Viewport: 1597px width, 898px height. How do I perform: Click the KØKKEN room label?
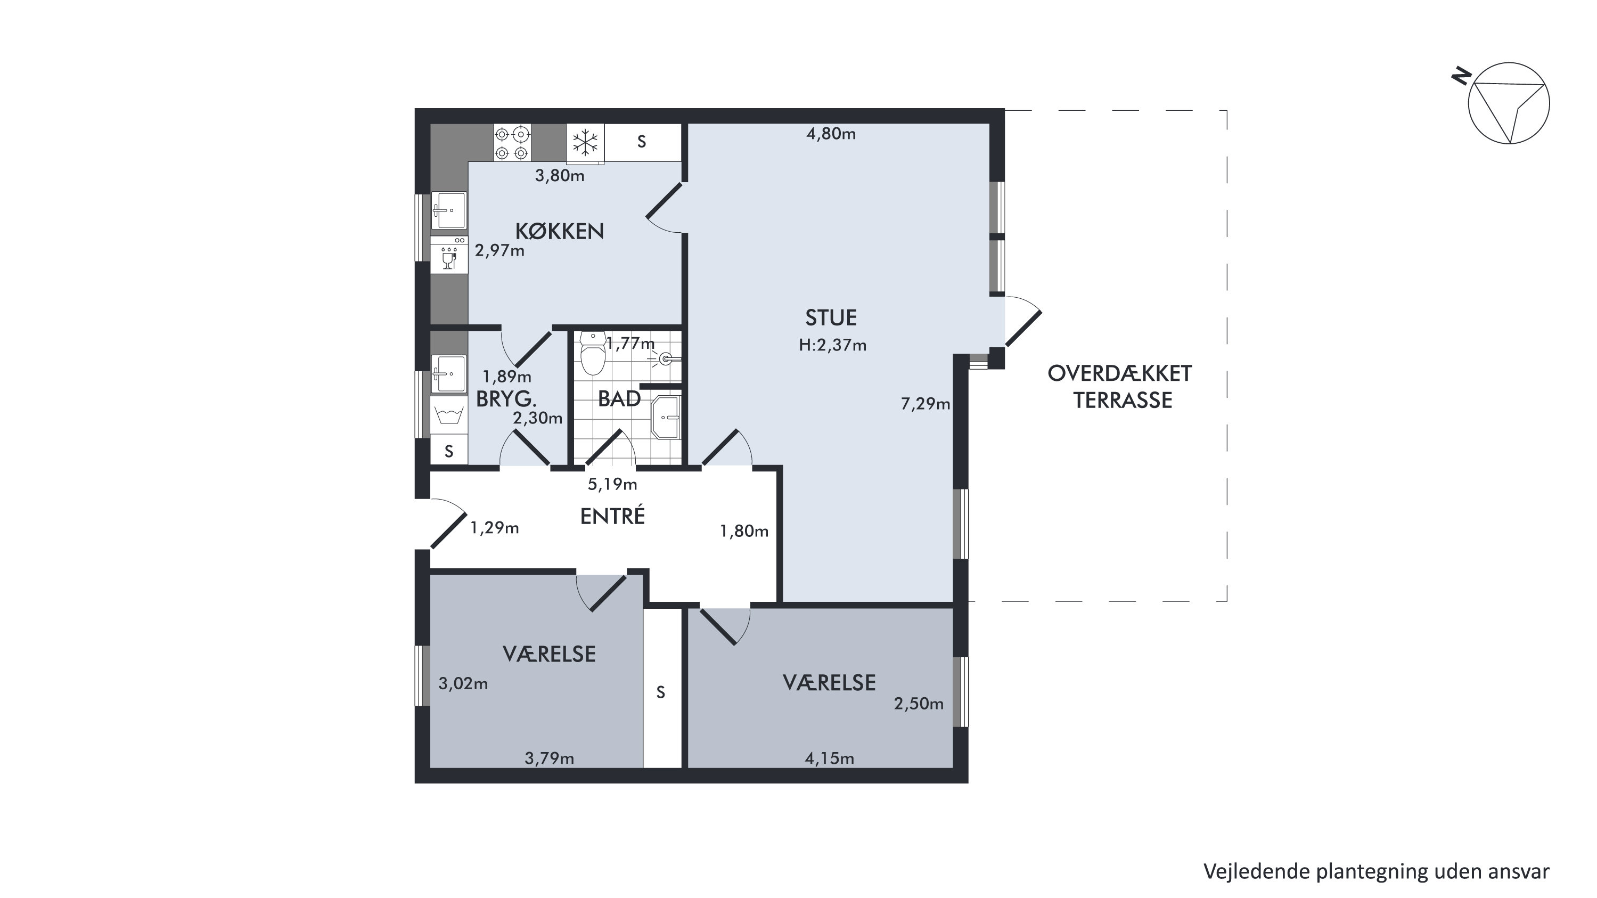559,231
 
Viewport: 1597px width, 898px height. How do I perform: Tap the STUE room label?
831,317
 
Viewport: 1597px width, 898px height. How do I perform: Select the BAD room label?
619,399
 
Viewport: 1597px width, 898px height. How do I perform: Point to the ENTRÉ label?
612,516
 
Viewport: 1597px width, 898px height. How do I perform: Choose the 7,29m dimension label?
925,404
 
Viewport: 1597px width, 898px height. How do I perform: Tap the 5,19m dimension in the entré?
612,484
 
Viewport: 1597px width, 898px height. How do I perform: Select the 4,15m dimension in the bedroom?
829,758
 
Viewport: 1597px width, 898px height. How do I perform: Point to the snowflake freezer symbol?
585,143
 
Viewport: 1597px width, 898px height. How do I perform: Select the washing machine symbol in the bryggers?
449,415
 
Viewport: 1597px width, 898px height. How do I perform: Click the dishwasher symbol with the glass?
449,254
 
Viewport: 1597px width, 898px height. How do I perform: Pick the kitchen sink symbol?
449,211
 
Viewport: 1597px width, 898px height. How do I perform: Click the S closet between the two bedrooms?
661,692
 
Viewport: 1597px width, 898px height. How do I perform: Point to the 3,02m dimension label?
463,683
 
